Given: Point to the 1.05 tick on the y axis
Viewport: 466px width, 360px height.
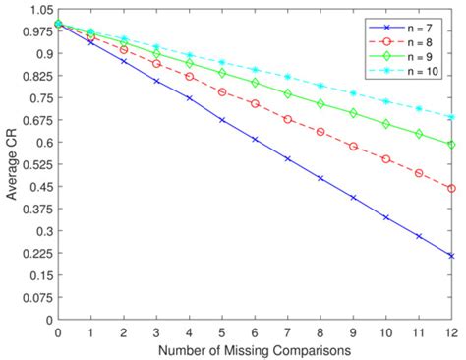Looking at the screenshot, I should (x=37, y=9).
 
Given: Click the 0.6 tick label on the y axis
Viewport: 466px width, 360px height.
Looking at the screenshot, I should (x=41, y=143).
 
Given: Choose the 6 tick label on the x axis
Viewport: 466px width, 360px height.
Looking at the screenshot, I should (x=255, y=332).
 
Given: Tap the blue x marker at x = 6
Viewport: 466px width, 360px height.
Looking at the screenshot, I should (x=255, y=140).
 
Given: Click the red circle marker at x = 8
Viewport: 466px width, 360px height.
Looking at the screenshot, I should (x=320, y=131).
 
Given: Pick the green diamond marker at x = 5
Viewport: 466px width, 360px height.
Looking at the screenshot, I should (x=222, y=73).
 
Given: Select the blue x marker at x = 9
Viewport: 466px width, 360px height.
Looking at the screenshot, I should (x=353, y=197).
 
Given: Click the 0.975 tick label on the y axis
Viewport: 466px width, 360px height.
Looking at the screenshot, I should (x=33, y=31).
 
